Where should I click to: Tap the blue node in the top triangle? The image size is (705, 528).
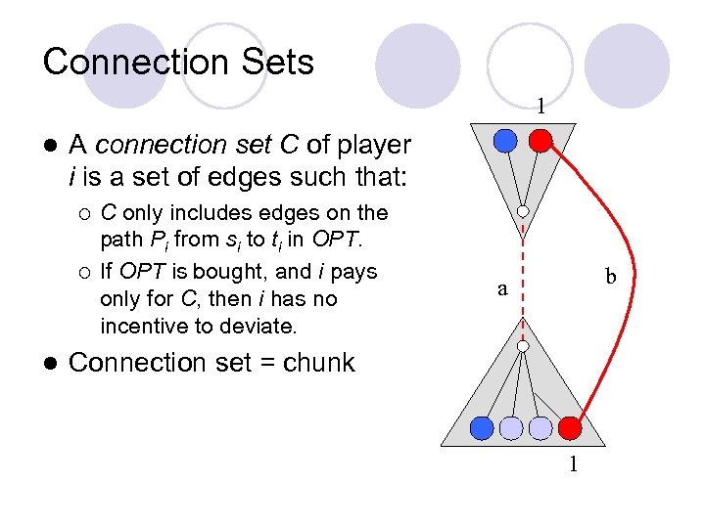click(x=504, y=141)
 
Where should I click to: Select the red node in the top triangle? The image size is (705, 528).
click(x=540, y=141)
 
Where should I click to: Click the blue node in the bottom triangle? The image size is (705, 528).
click(x=481, y=427)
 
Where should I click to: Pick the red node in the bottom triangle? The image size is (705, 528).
click(x=570, y=427)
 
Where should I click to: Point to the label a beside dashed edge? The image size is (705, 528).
click(x=502, y=288)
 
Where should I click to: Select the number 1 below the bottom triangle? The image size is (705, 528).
click(x=575, y=464)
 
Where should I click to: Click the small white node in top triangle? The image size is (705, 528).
click(x=524, y=211)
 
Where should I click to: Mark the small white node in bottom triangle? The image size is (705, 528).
click(x=524, y=346)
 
